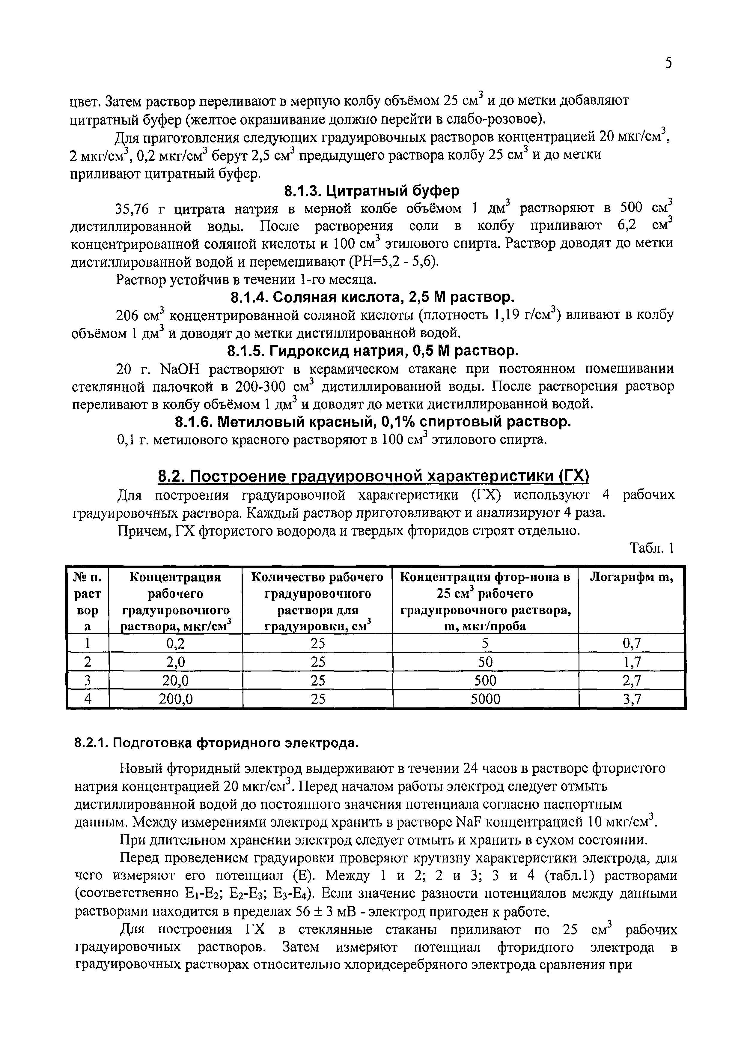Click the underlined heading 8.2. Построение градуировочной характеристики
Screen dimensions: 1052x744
[x=373, y=477]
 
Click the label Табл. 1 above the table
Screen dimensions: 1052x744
[x=652, y=548]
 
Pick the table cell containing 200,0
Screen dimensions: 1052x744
[x=175, y=699]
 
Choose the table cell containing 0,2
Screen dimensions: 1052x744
[x=175, y=644]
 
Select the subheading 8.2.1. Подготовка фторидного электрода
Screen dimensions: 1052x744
[x=216, y=743]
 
